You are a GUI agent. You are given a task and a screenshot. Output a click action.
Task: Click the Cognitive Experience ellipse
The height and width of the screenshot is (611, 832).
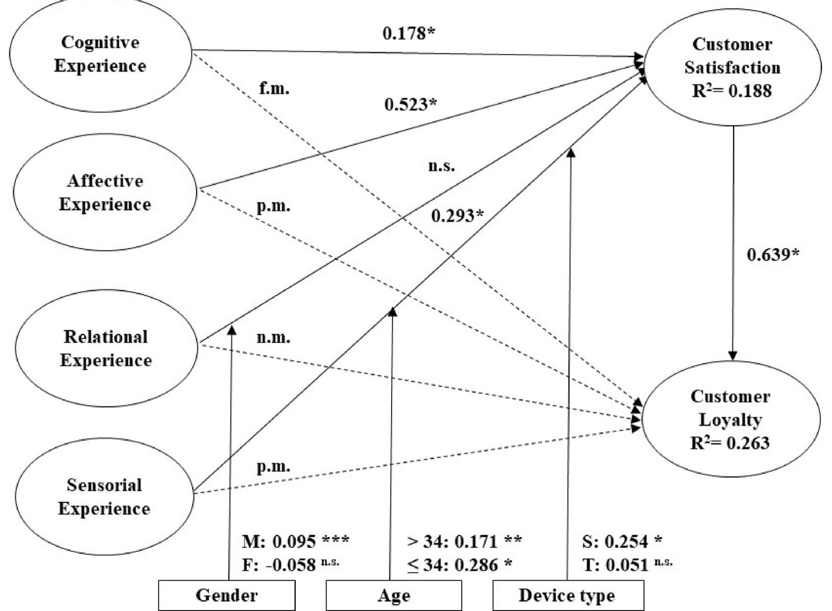pos(100,54)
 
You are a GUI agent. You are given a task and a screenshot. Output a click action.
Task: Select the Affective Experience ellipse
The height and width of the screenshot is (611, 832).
pos(105,193)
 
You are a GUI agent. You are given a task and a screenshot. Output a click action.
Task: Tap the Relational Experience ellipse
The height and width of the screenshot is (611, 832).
pos(106,349)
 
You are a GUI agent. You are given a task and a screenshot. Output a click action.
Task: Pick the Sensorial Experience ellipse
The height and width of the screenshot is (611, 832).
pos(104,497)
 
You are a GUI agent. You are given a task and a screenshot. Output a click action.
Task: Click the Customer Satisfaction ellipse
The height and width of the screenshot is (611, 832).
pos(733,67)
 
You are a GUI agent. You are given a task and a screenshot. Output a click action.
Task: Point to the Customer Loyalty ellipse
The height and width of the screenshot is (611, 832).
pos(731,419)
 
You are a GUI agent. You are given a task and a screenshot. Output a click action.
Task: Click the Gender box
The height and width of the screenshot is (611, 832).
pos(226,595)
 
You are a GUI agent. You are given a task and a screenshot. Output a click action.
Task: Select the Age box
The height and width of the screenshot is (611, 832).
pos(394,595)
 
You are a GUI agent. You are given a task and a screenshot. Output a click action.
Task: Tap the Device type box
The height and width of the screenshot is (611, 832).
pos(567,595)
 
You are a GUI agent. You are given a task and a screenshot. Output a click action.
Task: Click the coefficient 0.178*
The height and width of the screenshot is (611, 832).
pos(409,34)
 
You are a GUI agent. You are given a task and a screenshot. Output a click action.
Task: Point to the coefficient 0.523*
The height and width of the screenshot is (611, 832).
pos(411,104)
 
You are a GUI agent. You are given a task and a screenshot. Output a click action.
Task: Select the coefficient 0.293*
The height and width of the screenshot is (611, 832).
pos(457,216)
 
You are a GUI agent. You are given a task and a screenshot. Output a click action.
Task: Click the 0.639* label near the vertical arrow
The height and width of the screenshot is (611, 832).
pos(773,254)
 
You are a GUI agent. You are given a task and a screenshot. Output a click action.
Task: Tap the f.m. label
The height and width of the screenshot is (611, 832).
pos(274,89)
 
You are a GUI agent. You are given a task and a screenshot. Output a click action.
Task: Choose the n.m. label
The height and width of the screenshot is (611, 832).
pos(273,337)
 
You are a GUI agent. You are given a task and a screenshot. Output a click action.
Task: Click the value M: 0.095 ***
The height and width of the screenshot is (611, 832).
pos(296,541)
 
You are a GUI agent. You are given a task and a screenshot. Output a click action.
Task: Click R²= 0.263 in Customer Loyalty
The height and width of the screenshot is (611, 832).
pos(730,443)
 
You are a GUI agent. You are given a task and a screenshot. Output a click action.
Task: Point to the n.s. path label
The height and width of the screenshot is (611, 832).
pos(441,166)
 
